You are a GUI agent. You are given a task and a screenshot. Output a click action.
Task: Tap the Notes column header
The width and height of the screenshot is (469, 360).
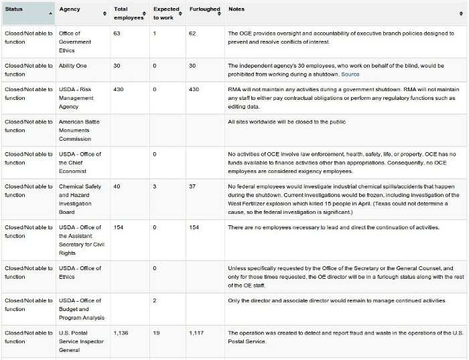[236, 10]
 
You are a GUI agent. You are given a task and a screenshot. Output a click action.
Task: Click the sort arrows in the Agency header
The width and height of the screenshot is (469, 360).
[105, 13]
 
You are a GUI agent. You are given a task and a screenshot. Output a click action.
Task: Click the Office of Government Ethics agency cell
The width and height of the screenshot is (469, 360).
[79, 42]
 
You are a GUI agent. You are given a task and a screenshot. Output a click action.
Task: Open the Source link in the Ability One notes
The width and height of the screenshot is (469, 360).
[350, 74]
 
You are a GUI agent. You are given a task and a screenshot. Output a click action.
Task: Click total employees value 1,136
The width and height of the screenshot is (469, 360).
[121, 333]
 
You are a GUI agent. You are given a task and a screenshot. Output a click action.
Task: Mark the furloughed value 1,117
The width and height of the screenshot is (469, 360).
[197, 333]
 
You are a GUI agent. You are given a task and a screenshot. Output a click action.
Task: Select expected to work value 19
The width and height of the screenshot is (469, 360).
[156, 333]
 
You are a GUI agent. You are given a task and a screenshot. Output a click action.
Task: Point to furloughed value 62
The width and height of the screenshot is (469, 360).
[192, 34]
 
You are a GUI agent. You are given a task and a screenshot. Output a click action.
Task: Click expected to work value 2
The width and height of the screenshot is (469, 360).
[155, 300]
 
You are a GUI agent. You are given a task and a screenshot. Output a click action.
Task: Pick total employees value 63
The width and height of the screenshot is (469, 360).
[117, 34]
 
